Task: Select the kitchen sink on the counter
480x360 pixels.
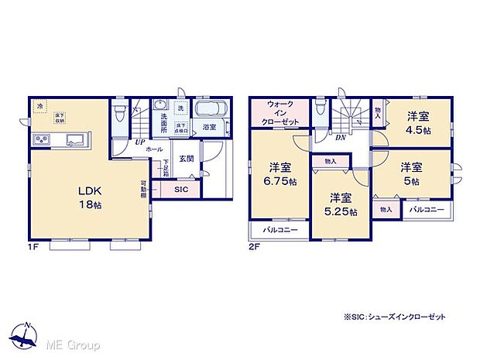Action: coord(75,140)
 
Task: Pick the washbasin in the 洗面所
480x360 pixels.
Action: coord(161,108)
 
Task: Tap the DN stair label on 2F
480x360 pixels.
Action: coord(340,137)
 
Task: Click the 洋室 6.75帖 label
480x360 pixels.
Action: coord(279,174)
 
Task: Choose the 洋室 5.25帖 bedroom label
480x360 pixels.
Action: coord(341,204)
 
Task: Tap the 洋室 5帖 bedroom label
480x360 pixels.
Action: coord(411,173)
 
